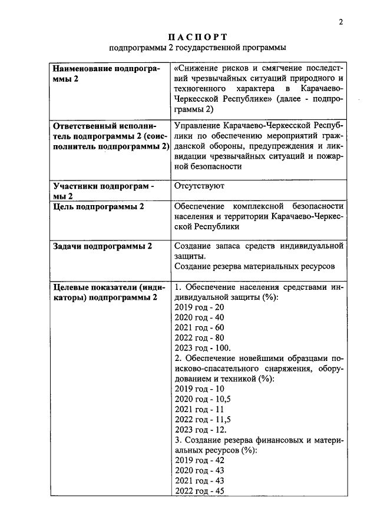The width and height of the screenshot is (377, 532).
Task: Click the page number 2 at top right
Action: click(340, 22)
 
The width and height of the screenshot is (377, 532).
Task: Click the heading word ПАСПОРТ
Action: click(197, 37)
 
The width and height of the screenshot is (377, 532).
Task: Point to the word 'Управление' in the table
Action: click(199, 126)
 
